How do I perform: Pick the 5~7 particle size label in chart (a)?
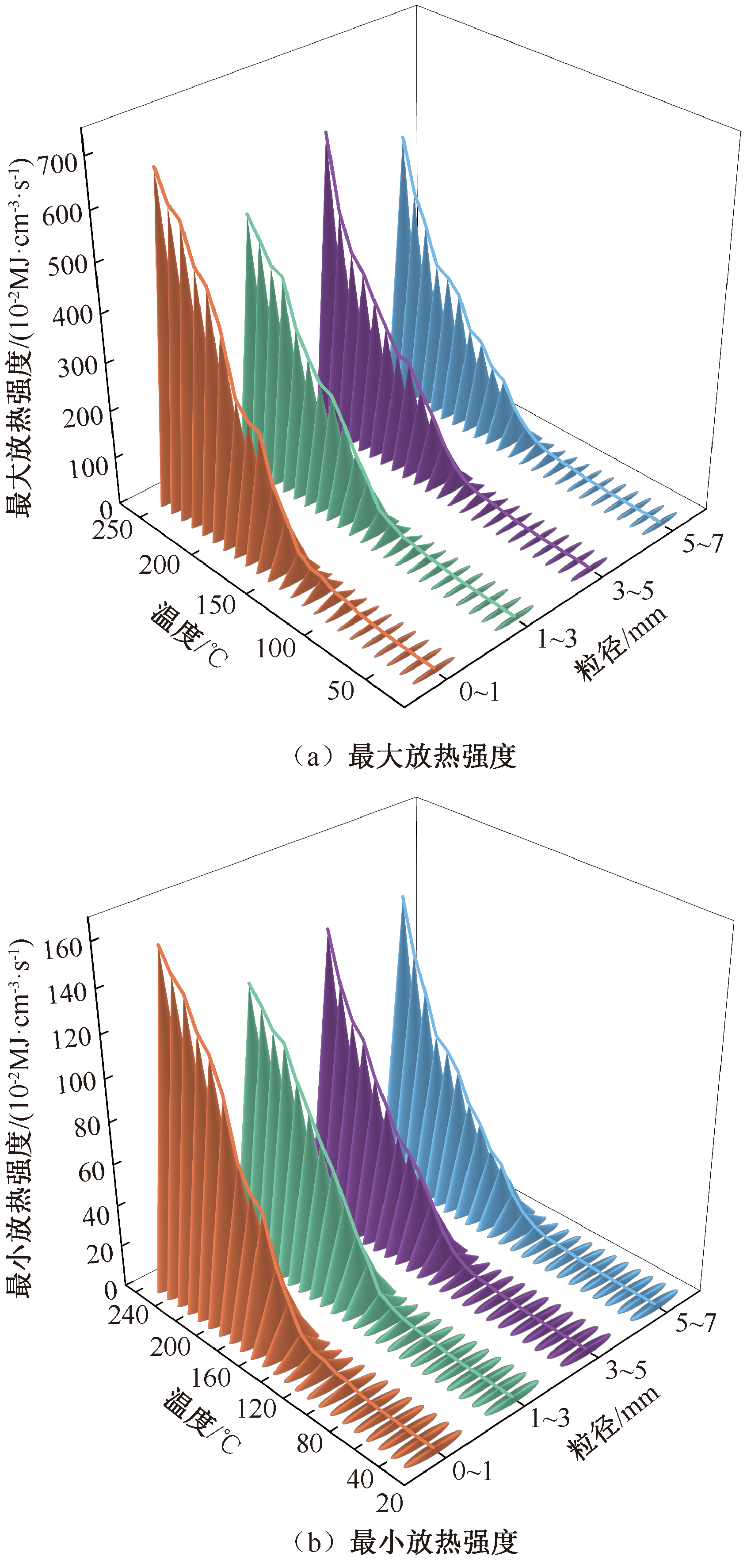[x=703, y=544]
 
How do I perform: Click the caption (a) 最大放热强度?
[x=404, y=756]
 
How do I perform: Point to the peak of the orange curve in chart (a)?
[x=154, y=167]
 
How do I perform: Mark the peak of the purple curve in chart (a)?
[x=326, y=133]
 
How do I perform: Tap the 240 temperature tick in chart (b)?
[x=128, y=1315]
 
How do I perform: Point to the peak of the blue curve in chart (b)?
[x=403, y=897]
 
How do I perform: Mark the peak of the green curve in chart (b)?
[x=249, y=984]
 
